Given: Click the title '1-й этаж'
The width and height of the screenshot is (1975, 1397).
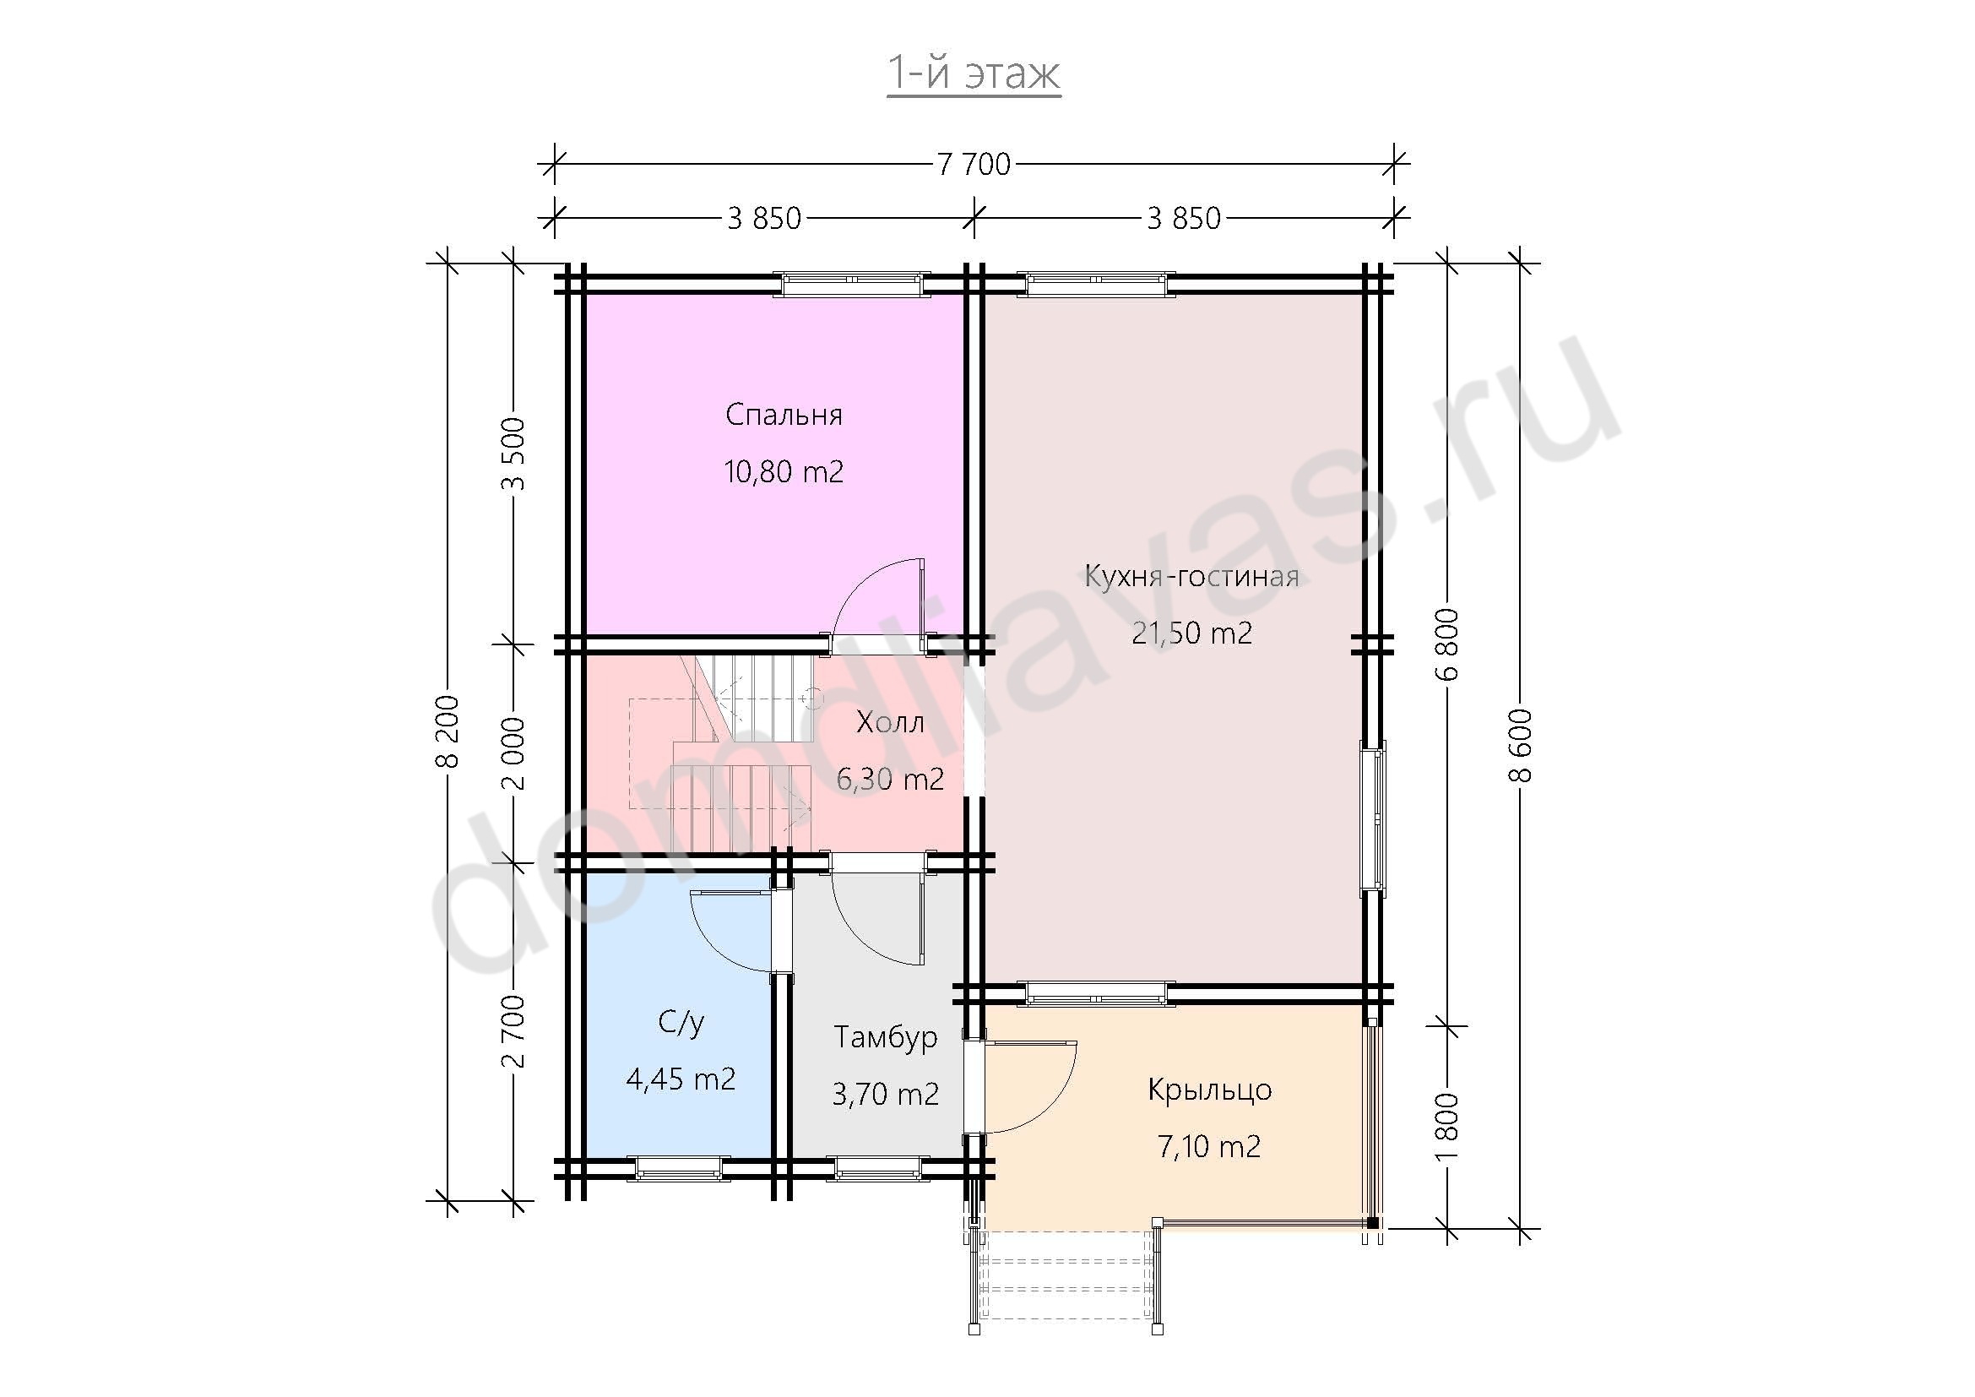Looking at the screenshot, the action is [974, 74].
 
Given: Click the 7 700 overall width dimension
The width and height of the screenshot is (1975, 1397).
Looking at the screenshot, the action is [974, 164].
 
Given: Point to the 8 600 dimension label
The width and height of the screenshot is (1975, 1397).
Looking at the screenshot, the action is [1520, 746].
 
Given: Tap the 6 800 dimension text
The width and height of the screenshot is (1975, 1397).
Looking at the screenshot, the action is [1448, 644].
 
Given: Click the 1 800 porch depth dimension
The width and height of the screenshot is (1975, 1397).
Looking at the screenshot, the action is [1448, 1128].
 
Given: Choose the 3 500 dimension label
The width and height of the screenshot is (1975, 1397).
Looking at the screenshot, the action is [513, 454].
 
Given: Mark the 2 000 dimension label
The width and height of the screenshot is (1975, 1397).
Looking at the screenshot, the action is [513, 753].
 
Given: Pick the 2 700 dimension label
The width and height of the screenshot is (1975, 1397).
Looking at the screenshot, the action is [513, 1031].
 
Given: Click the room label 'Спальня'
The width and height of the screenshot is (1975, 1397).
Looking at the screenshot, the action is [784, 416].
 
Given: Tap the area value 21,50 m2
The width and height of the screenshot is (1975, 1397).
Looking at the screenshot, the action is [1191, 633].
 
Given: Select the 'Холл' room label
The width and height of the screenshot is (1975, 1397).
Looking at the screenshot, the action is [890, 723].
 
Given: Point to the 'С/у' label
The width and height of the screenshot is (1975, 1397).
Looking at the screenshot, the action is [681, 1022].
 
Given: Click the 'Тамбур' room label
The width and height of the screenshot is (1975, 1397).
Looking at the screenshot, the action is [886, 1037].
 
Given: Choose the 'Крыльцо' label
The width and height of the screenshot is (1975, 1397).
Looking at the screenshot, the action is [1209, 1090].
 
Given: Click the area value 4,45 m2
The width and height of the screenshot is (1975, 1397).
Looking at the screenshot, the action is [681, 1079].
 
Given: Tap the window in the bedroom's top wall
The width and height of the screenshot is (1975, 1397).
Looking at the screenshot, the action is [852, 284].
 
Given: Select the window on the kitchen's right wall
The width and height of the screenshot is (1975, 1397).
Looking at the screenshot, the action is [1373, 818].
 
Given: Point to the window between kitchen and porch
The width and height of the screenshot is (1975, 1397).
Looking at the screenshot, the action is [1097, 993].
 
